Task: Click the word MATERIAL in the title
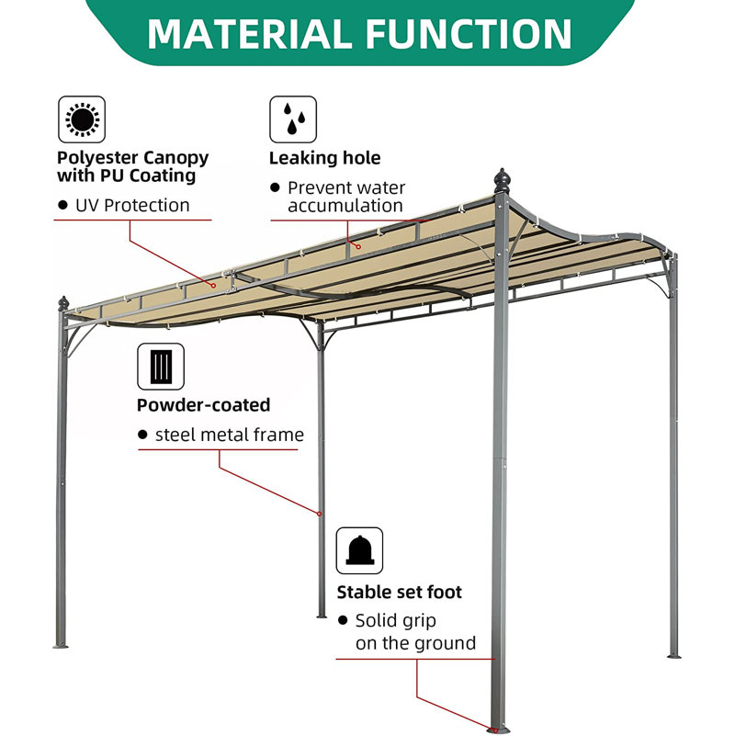[248, 33]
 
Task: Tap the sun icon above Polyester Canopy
[81, 119]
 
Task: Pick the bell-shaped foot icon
[359, 550]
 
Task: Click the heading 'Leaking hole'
[324, 158]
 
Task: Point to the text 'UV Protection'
[132, 205]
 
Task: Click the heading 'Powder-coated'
[203, 405]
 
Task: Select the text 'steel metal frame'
[229, 435]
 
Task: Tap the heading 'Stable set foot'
[399, 593]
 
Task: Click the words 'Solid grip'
[396, 621]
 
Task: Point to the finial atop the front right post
[502, 178]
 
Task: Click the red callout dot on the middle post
[320, 513]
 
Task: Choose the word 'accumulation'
[345, 206]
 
